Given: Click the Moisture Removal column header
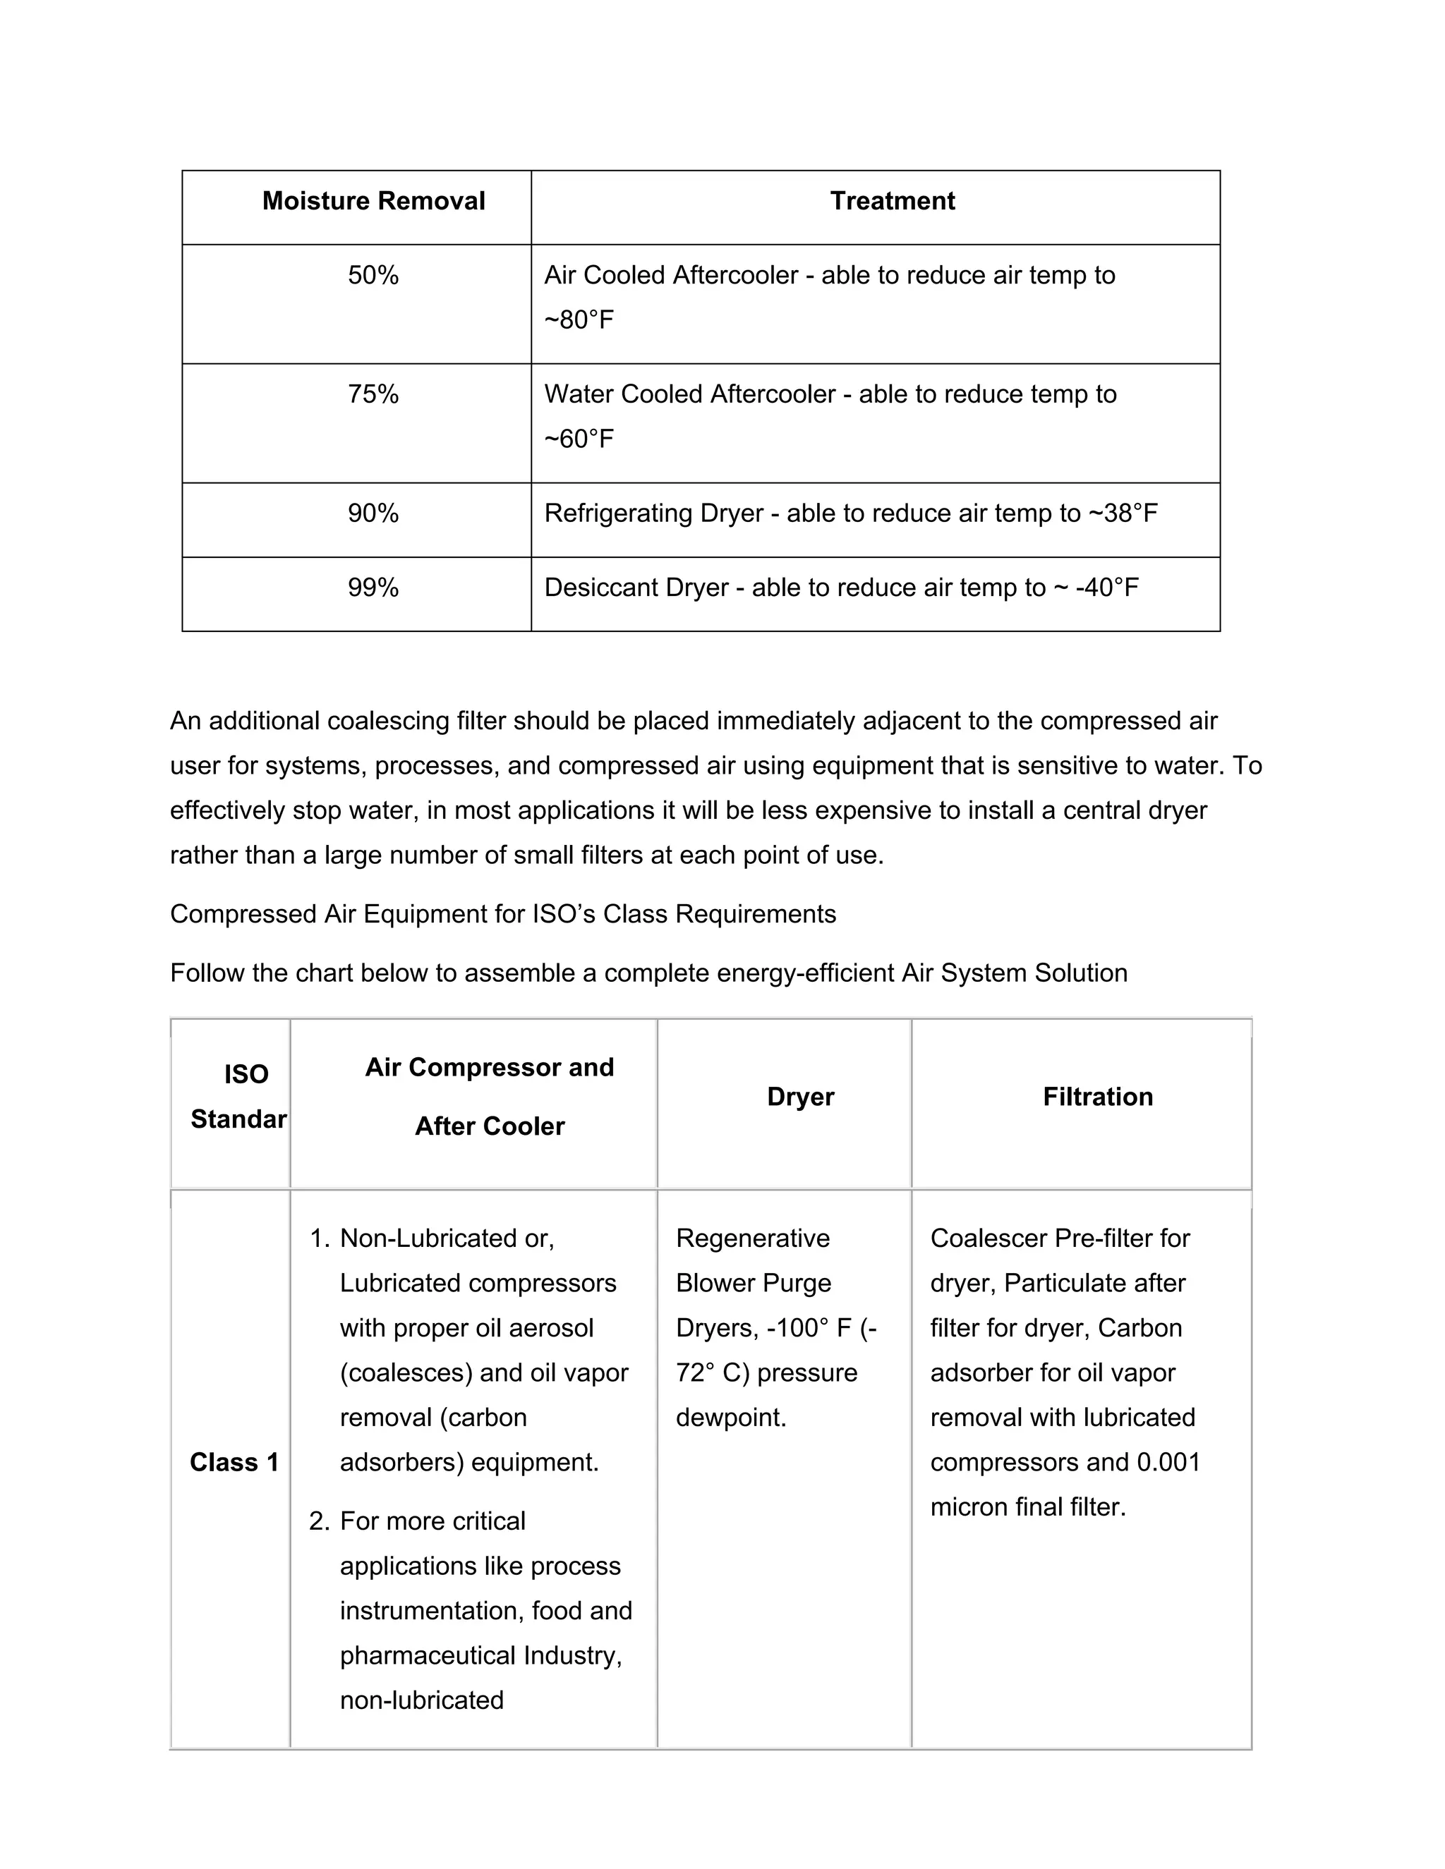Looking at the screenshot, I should click(373, 201).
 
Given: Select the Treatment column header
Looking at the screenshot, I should click(892, 201).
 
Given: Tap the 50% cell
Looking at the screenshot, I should click(373, 276).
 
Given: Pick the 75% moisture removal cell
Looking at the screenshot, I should click(373, 394).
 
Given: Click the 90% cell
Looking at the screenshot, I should click(373, 513).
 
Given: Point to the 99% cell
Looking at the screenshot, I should click(373, 588).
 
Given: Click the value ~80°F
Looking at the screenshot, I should click(579, 320).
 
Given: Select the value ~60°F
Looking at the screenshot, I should click(579, 439).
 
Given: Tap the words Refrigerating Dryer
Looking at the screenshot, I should click(653, 513).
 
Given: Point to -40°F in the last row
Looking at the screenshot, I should click(1107, 588).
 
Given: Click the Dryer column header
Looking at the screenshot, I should click(800, 1097).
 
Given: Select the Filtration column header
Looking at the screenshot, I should click(1097, 1097).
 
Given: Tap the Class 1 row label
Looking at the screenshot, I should click(234, 1463).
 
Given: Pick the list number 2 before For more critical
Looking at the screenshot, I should click(318, 1521).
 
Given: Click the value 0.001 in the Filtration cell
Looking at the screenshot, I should click(1168, 1463).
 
